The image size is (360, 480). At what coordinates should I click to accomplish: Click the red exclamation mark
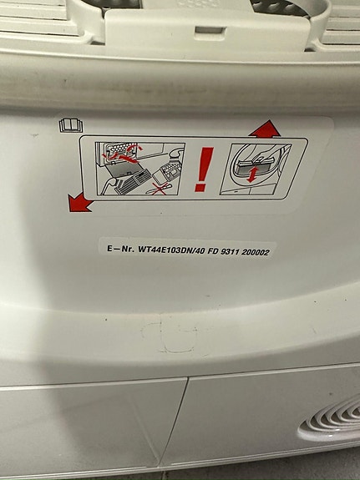pos(204,169)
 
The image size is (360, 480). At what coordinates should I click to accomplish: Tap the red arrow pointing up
pos(265,129)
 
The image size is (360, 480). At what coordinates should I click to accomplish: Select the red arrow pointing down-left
pos(79,202)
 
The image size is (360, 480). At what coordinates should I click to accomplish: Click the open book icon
pos(71,125)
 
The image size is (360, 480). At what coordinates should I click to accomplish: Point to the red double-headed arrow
pos(252,174)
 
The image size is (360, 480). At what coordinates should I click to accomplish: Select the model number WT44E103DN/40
pos(171,250)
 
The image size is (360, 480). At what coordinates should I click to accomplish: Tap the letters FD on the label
pos(213,251)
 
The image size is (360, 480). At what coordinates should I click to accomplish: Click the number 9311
pos(230,252)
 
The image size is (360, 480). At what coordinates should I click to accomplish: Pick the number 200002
pos(256,252)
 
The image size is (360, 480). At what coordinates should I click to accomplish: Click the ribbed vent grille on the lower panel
pos(332,420)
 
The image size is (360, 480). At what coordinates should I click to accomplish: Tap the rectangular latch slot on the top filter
pos(210,31)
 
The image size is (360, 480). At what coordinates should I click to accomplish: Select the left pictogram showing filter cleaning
pos(140,169)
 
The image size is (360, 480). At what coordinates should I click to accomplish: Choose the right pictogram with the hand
pos(256,169)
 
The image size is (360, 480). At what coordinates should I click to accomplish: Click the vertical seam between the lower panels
pos(174,426)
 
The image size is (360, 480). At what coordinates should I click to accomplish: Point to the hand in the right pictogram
pos(263,154)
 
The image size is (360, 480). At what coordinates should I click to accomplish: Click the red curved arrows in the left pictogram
pos(123,153)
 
